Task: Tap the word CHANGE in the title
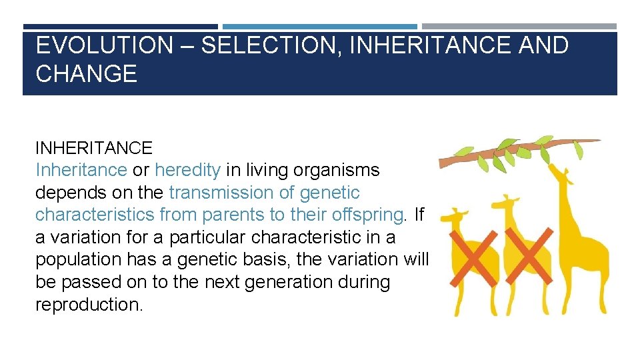click(x=86, y=73)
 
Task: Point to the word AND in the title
click(x=541, y=45)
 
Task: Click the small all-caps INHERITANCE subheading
click(x=93, y=147)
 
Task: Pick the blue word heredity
click(x=187, y=170)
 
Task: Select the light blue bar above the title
click(x=319, y=27)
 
